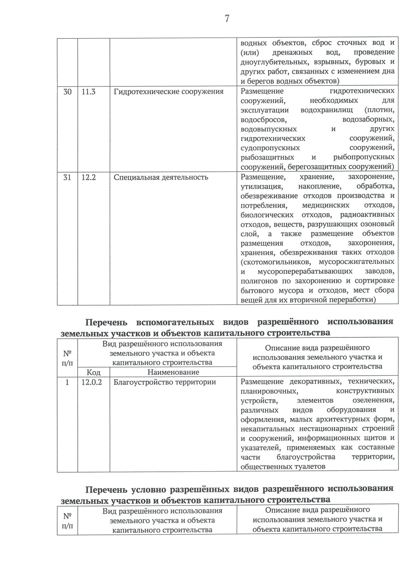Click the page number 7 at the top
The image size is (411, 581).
pyautogui.click(x=227, y=18)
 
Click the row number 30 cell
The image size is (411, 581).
pyautogui.click(x=67, y=92)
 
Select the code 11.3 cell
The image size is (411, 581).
pyautogui.click(x=88, y=92)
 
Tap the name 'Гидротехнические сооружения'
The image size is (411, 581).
pyautogui.click(x=169, y=92)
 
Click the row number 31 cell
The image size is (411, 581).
pyautogui.click(x=67, y=177)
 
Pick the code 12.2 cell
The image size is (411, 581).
pyautogui.click(x=88, y=177)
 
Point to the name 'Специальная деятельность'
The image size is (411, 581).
pyautogui.click(x=161, y=177)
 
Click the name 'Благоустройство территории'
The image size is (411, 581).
pyautogui.click(x=165, y=382)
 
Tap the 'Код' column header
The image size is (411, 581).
pyautogui.click(x=94, y=372)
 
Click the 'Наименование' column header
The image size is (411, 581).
pyautogui.click(x=173, y=372)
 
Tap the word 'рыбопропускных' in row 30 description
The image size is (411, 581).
pyautogui.click(x=364, y=157)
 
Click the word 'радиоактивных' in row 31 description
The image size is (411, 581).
pyautogui.click(x=367, y=215)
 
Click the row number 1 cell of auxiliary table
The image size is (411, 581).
pyautogui.click(x=67, y=382)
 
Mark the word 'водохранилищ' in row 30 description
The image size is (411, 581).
pyautogui.click(x=328, y=110)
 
